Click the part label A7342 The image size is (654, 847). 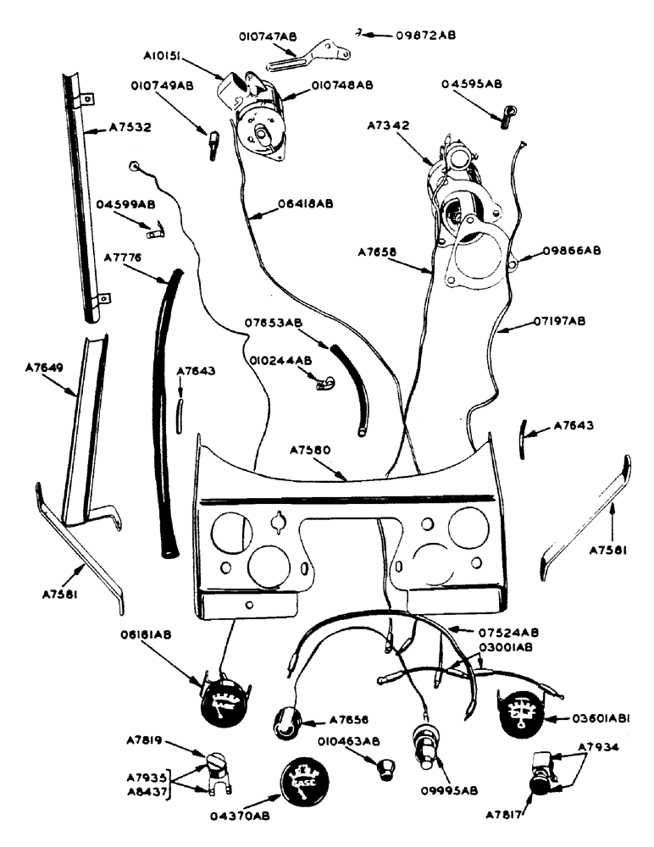[388, 125]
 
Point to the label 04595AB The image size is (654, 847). [472, 84]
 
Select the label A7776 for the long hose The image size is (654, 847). [123, 257]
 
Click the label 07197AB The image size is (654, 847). [559, 321]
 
